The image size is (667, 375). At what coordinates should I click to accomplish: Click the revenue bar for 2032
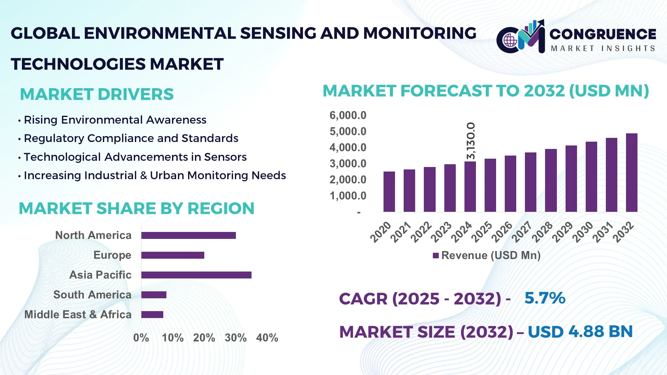(x=631, y=173)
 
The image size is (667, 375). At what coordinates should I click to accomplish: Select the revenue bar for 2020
(x=389, y=192)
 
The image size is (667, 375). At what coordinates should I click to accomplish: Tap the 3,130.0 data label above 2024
(x=471, y=141)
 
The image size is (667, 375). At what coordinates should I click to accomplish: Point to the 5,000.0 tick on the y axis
(x=348, y=132)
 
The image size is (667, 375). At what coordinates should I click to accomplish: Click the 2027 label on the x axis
(x=522, y=232)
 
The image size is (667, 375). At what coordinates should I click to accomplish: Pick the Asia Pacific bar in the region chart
(x=196, y=275)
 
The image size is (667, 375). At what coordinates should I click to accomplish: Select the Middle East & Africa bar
(x=152, y=315)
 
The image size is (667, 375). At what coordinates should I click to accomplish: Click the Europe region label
(x=112, y=255)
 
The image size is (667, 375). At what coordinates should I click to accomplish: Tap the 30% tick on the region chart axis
(x=236, y=337)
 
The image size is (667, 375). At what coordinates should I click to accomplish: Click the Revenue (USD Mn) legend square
(x=436, y=256)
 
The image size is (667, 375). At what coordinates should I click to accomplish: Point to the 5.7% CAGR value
(x=545, y=298)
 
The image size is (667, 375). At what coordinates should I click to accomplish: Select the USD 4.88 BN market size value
(x=580, y=332)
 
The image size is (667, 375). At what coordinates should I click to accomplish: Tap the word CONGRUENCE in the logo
(x=603, y=34)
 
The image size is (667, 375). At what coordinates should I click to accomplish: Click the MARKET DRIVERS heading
(x=97, y=94)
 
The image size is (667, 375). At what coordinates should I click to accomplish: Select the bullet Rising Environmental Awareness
(x=115, y=120)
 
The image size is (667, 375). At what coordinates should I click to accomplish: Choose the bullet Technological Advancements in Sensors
(x=135, y=157)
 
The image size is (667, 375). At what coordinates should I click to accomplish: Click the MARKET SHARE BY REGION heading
(x=137, y=209)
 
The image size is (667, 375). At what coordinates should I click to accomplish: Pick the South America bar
(x=154, y=295)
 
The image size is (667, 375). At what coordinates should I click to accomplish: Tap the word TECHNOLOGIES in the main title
(x=78, y=64)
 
